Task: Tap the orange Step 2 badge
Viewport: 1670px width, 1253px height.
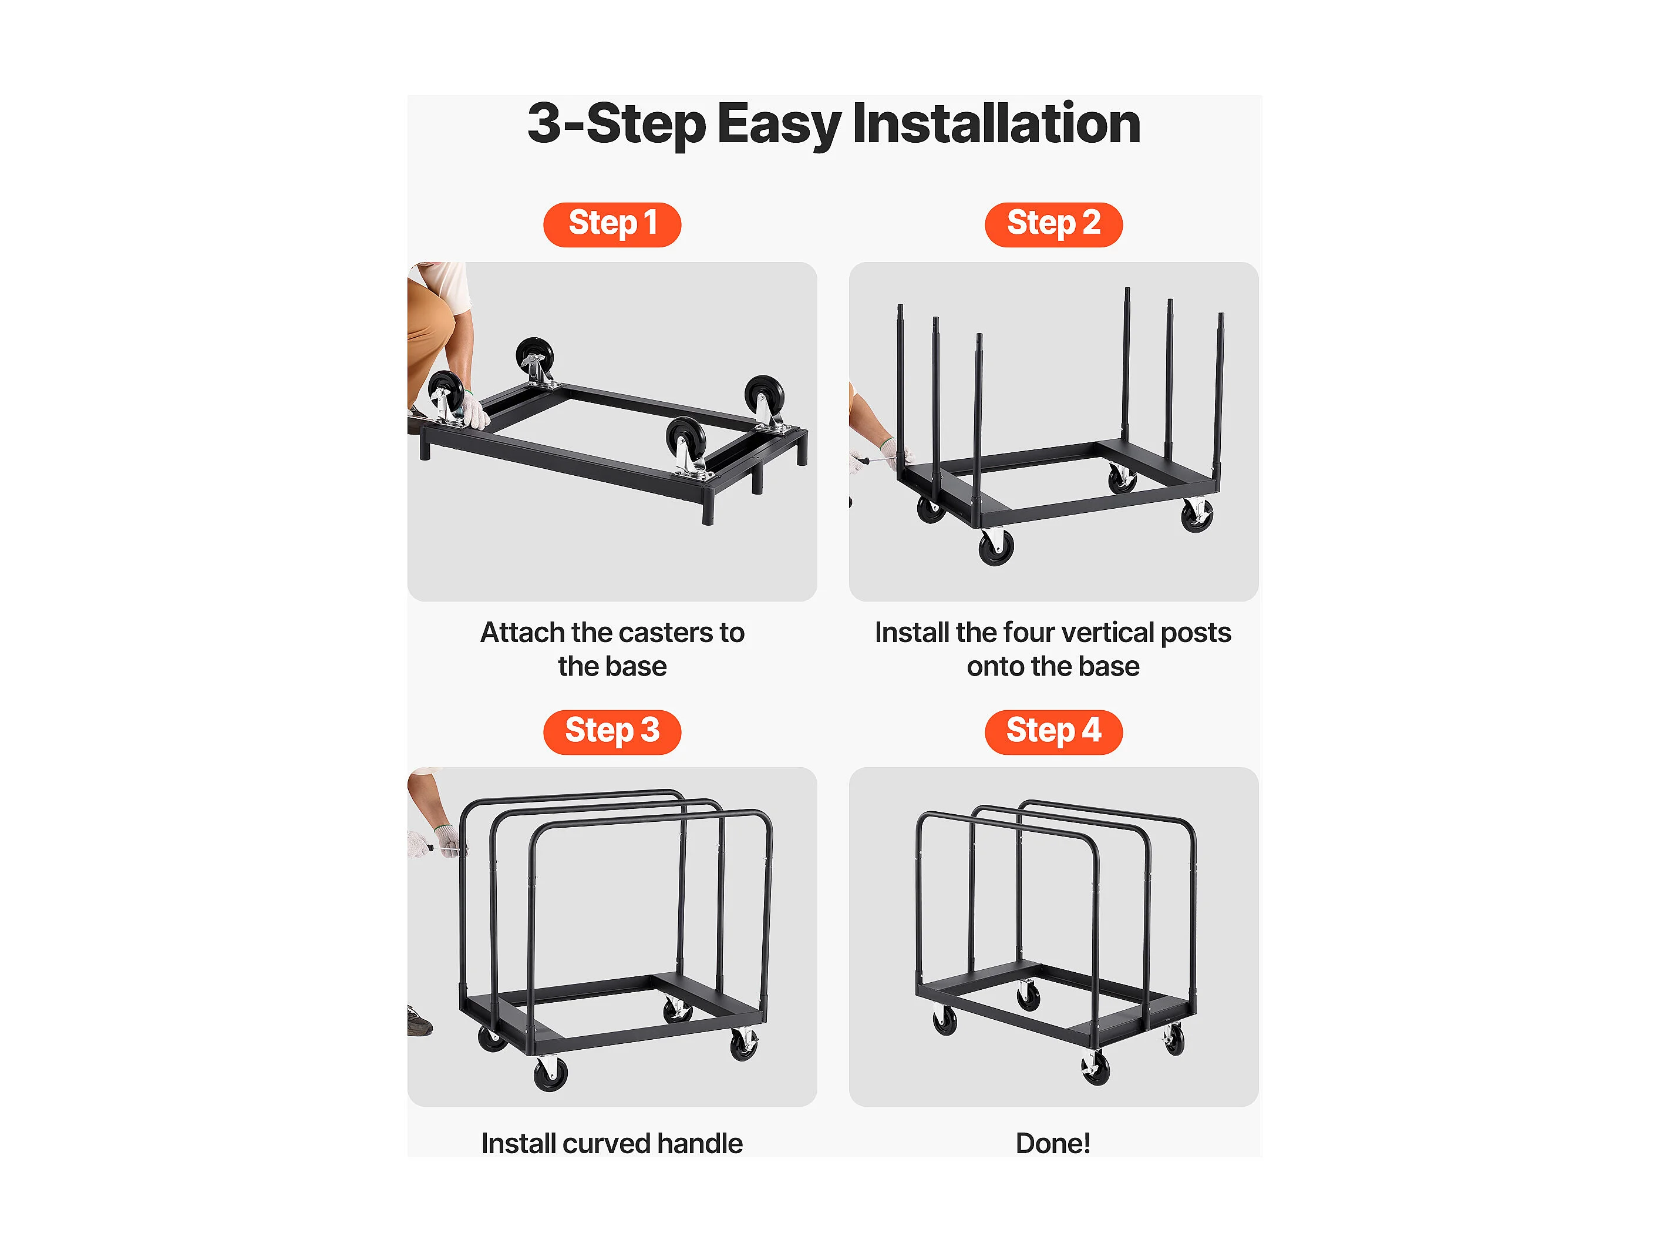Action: click(x=1053, y=224)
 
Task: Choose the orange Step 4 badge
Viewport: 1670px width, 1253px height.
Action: click(x=1053, y=732)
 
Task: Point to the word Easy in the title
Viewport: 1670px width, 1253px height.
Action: click(x=779, y=125)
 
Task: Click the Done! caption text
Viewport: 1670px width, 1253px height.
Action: click(x=1053, y=1144)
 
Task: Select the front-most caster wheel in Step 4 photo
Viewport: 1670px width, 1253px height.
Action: click(x=1096, y=1068)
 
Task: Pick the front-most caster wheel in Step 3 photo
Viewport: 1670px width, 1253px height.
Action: click(x=550, y=1073)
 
